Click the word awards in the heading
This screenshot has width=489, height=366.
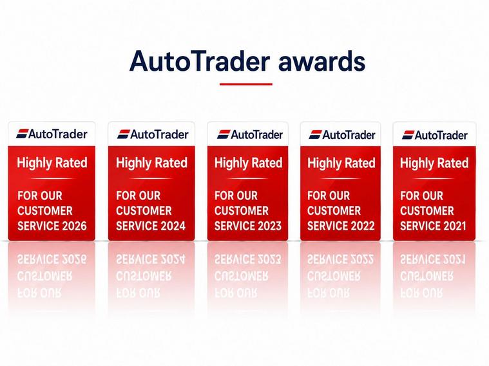coord(321,61)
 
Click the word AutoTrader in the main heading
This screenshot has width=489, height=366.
coord(199,60)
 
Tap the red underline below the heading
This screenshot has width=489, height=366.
coord(246,84)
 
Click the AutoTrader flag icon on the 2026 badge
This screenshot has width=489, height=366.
coord(22,134)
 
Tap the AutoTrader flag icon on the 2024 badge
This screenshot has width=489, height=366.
coord(123,134)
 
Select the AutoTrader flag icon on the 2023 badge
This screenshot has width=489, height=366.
coord(224,134)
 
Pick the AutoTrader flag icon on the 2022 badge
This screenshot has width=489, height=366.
coord(315,134)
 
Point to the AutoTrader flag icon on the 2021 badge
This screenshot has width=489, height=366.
coord(408,135)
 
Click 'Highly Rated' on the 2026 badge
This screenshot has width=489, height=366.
coord(52,163)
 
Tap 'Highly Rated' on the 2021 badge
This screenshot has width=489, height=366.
coord(434,163)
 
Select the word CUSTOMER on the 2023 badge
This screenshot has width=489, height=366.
coord(242,211)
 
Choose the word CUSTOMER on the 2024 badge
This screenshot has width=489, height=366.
coord(144,211)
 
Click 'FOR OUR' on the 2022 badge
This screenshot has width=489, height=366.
coord(329,196)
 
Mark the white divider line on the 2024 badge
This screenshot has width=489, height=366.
coord(151,178)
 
